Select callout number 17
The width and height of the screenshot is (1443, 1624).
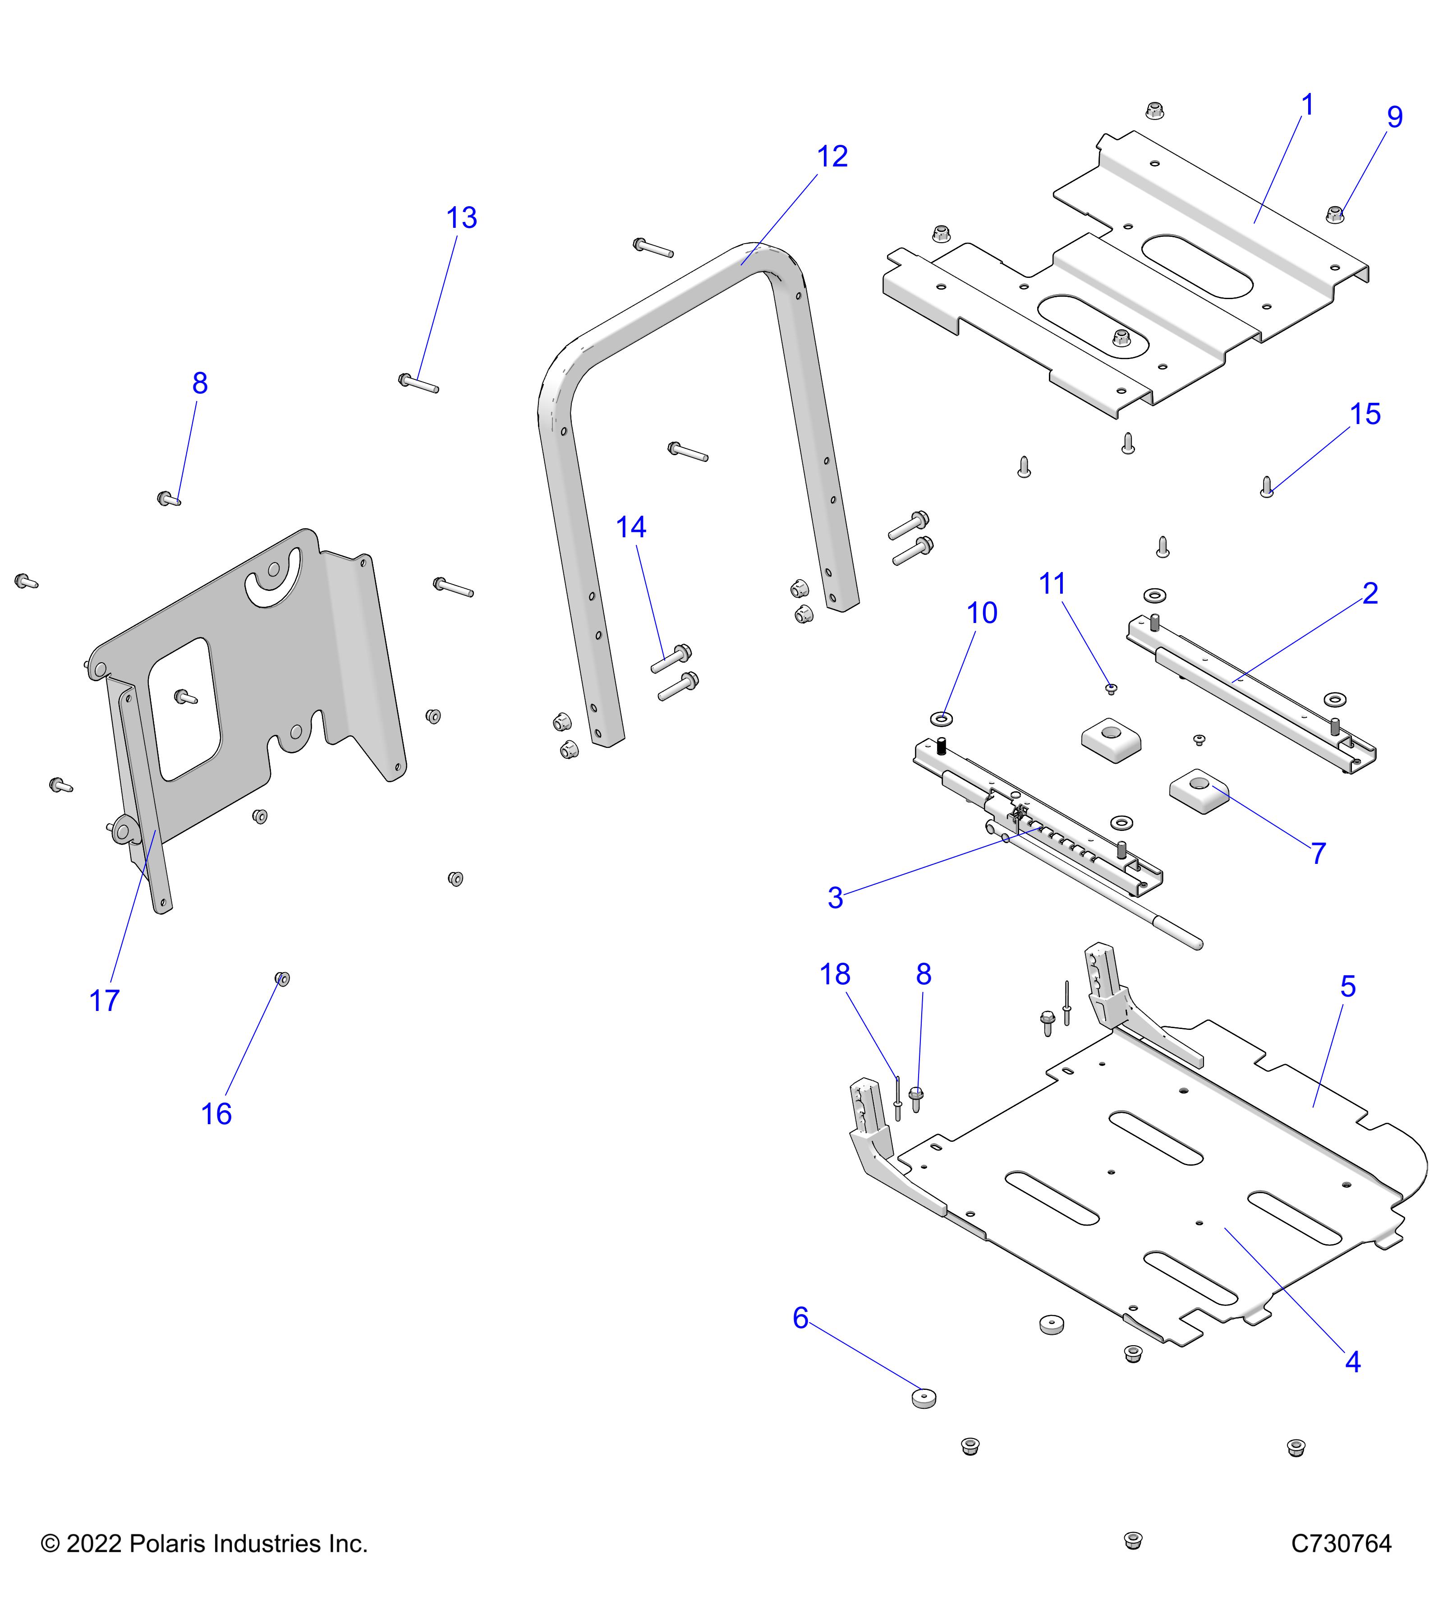pyautogui.click(x=104, y=1001)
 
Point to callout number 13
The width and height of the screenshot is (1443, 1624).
pyautogui.click(x=461, y=218)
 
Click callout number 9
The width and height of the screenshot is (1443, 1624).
pyautogui.click(x=1395, y=117)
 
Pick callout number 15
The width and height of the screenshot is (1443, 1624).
pyautogui.click(x=1365, y=414)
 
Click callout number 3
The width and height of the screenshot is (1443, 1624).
pyautogui.click(x=835, y=898)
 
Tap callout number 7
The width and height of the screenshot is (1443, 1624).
pyautogui.click(x=1319, y=854)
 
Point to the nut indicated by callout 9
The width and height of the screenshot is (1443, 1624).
pyautogui.click(x=1335, y=213)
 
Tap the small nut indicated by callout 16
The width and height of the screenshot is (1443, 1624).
pyautogui.click(x=282, y=979)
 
